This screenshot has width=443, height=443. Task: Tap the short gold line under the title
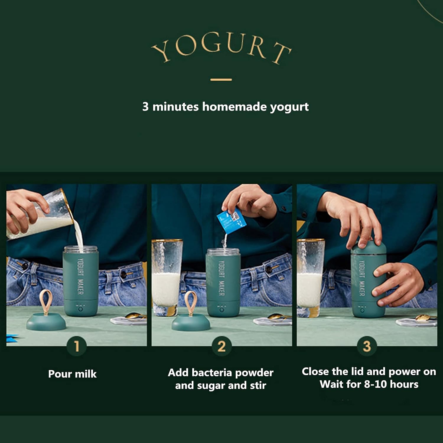coord(221,79)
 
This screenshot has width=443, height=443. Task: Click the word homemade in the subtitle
coord(234,107)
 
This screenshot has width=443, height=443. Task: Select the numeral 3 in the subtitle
coord(145,107)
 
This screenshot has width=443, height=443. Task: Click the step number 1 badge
coord(76,346)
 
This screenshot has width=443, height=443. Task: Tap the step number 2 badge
coord(221,346)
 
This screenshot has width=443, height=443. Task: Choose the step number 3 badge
coord(367,346)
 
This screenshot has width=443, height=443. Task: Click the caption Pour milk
coord(72,374)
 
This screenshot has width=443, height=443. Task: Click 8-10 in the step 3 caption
coord(375,384)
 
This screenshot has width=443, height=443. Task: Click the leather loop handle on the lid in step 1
coord(46,301)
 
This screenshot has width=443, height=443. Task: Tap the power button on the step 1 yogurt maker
coord(80,310)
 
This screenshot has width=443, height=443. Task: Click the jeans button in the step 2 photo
coord(269,269)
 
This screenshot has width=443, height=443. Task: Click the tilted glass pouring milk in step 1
coord(41,216)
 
